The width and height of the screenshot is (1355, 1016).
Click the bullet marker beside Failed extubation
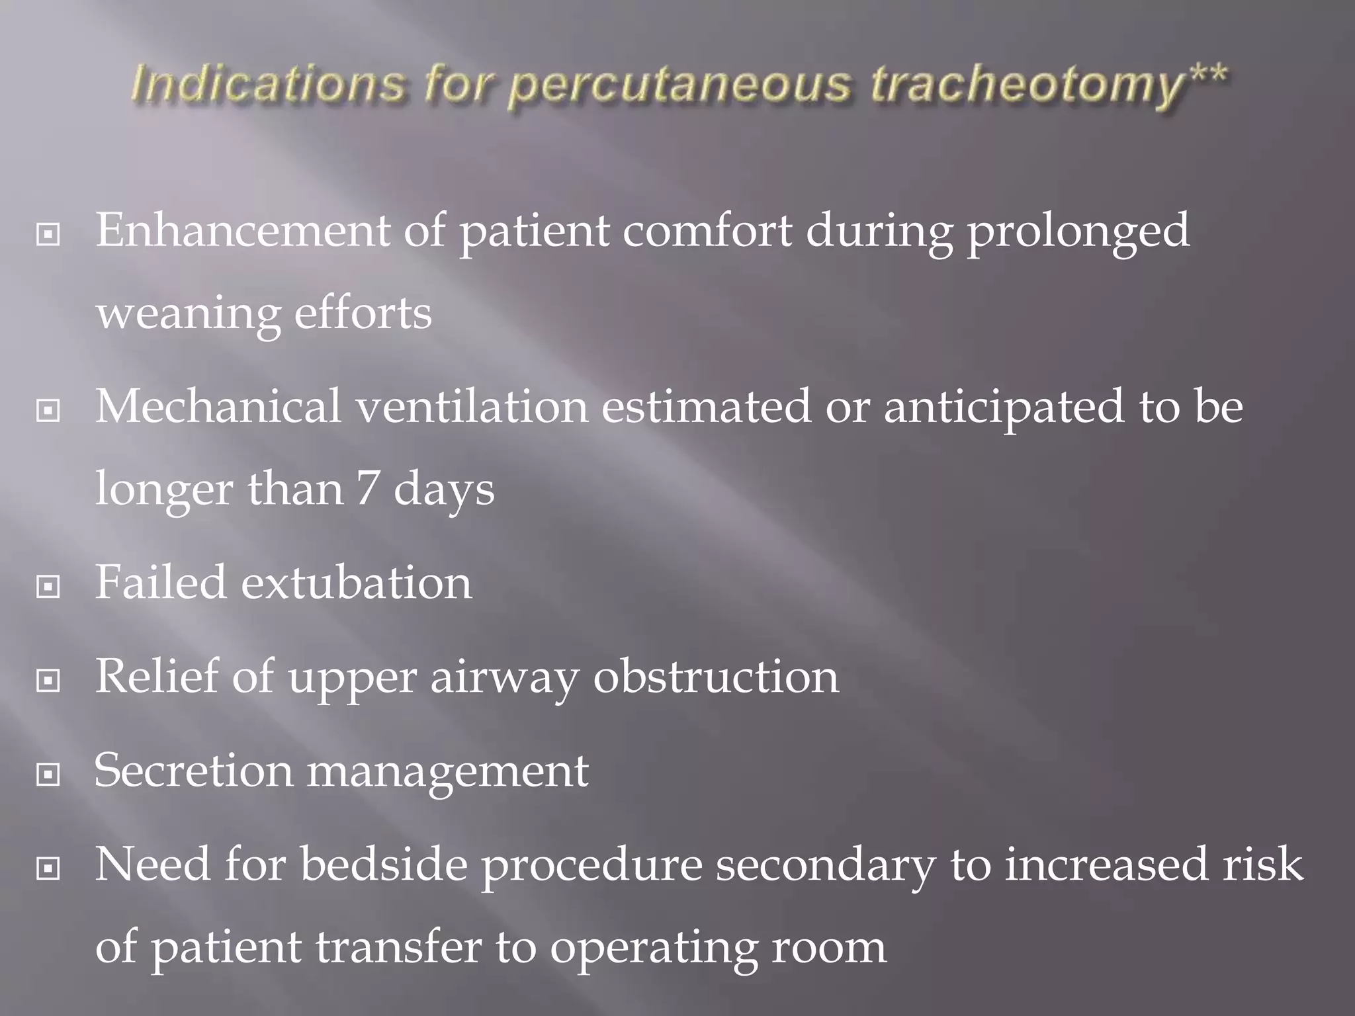click(x=48, y=586)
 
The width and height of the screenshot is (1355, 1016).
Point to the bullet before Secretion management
click(x=48, y=774)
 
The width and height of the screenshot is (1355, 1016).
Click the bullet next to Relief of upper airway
click(x=48, y=680)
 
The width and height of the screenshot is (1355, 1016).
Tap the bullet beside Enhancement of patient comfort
click(x=48, y=233)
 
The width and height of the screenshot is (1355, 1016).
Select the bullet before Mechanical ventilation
click(x=48, y=410)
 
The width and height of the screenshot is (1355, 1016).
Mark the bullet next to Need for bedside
click(x=48, y=868)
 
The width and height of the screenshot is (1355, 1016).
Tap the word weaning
click(x=188, y=314)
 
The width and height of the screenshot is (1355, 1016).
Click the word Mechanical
click(x=218, y=406)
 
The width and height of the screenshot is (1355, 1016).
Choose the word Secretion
click(x=193, y=771)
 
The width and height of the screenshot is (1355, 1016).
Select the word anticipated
click(x=1004, y=407)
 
